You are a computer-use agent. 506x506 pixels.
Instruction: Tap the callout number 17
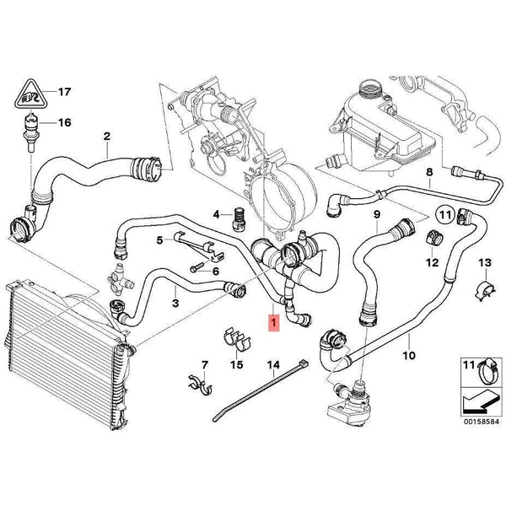coord(64,91)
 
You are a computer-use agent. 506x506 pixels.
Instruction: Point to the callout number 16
coord(64,122)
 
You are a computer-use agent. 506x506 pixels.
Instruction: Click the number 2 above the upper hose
coord(107,136)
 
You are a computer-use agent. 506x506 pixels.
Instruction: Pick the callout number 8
coord(428,175)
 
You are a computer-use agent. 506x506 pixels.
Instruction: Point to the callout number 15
coord(237,365)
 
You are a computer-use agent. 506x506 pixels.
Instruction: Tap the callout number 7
coord(202,365)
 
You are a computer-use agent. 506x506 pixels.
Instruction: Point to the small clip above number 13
coord(482,289)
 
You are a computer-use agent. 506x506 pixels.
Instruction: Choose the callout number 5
coord(159,240)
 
